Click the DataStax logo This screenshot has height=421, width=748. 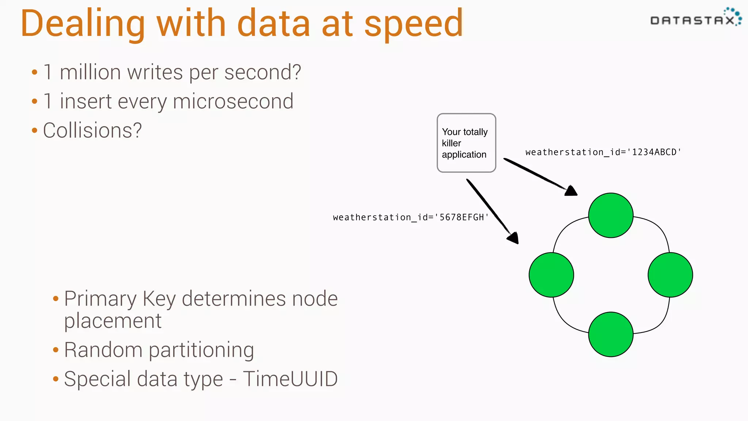click(x=695, y=18)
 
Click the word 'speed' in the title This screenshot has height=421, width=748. click(x=413, y=24)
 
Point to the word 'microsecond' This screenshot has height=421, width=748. click(x=233, y=101)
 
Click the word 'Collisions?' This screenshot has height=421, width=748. click(x=92, y=130)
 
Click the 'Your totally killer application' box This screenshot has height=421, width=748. click(x=466, y=143)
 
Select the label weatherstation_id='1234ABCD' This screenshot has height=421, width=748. click(x=603, y=152)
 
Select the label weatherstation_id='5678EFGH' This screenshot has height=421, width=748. click(x=411, y=217)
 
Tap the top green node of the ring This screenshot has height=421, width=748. click(x=611, y=215)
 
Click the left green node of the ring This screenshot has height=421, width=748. click(x=551, y=275)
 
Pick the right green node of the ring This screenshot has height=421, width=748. click(x=670, y=275)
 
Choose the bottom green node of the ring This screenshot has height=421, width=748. click(x=611, y=334)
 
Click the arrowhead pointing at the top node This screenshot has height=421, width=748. click(x=571, y=191)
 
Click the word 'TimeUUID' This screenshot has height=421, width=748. click(x=290, y=379)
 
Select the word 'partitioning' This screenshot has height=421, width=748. click(x=201, y=350)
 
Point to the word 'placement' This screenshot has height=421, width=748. click(x=112, y=321)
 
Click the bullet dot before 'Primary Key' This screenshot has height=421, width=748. click(x=56, y=299)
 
